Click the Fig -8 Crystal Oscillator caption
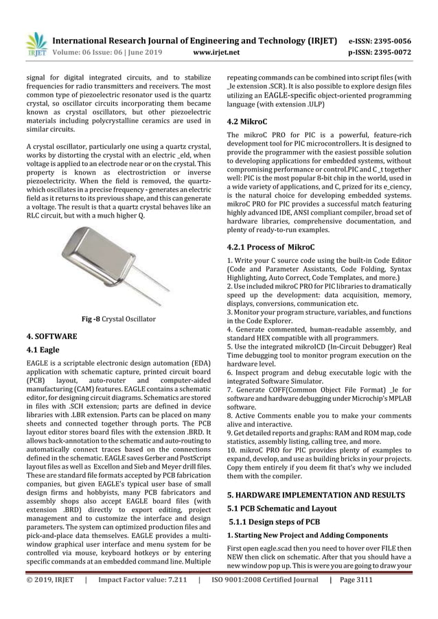coord(119,320)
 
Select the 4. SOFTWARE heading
coord(50,338)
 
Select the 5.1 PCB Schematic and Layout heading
coord(282,508)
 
